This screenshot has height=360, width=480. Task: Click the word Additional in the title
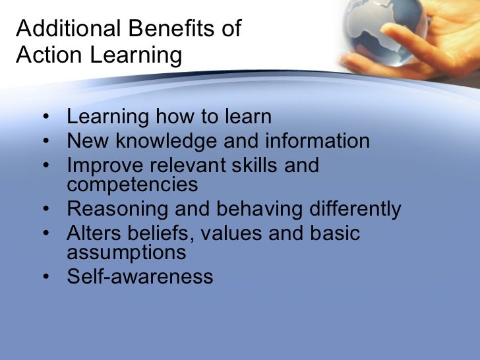pyautogui.click(x=59, y=30)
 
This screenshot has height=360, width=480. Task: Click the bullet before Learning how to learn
pyautogui.click(x=44, y=119)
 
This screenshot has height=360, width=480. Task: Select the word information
pyautogui.click(x=317, y=141)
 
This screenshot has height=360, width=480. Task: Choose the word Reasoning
pyautogui.click(x=118, y=209)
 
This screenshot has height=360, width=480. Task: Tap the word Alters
pyautogui.click(x=93, y=233)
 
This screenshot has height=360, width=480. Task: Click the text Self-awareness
pyautogui.click(x=140, y=276)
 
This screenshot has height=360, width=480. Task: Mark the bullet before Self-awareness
pyautogui.click(x=44, y=277)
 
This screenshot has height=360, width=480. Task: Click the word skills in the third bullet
pyautogui.click(x=247, y=165)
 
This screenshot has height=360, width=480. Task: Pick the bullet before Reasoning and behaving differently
pyautogui.click(x=44, y=210)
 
